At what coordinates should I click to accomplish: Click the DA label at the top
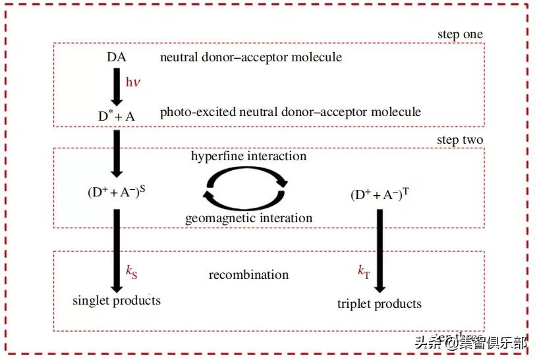117,57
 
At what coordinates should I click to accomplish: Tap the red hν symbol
134,82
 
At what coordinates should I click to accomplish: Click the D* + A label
116,115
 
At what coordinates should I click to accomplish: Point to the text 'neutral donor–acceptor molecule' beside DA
251,57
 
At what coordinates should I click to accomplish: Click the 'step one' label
460,34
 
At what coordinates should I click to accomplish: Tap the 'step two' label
460,140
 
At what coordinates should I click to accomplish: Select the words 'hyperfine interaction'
249,156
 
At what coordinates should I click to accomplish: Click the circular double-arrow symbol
244,187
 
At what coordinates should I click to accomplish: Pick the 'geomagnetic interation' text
249,218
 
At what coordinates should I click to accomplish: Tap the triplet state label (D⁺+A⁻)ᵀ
378,195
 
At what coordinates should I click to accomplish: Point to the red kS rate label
132,271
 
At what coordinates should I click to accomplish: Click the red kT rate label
364,271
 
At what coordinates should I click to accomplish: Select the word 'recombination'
249,274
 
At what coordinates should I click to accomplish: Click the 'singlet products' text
117,301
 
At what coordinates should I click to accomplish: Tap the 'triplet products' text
380,304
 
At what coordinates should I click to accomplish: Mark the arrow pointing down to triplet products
380,251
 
